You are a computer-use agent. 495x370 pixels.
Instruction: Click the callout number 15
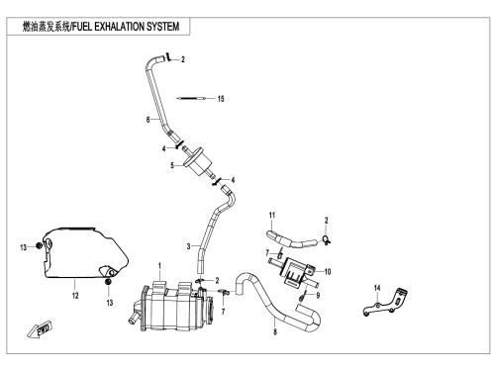pyautogui.click(x=221, y=99)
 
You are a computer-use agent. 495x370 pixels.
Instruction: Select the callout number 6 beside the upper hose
pyautogui.click(x=148, y=120)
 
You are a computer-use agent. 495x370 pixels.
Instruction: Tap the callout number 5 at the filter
pyautogui.click(x=172, y=165)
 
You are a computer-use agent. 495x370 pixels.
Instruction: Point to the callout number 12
pyautogui.click(x=75, y=295)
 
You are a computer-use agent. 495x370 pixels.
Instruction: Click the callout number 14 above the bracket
pyautogui.click(x=377, y=288)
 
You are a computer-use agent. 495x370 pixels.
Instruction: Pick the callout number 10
pyautogui.click(x=328, y=272)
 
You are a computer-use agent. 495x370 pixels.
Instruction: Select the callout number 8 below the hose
pyautogui.click(x=275, y=331)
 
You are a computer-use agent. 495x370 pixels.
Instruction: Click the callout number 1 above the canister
pyautogui.click(x=159, y=266)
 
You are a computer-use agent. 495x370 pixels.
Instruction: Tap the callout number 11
pyautogui.click(x=272, y=216)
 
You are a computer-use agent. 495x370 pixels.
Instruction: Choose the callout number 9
pyautogui.click(x=318, y=295)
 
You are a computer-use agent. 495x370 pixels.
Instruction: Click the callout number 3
pyautogui.click(x=188, y=246)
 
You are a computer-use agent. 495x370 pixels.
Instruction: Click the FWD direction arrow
pyautogui.click(x=40, y=329)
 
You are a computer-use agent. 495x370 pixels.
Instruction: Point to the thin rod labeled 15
pyautogui.click(x=192, y=98)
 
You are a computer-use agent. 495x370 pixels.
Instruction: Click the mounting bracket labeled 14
pyautogui.click(x=385, y=303)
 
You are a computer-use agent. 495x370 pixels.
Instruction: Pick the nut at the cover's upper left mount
pyautogui.click(x=39, y=245)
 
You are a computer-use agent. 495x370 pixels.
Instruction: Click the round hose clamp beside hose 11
pyautogui.click(x=326, y=240)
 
